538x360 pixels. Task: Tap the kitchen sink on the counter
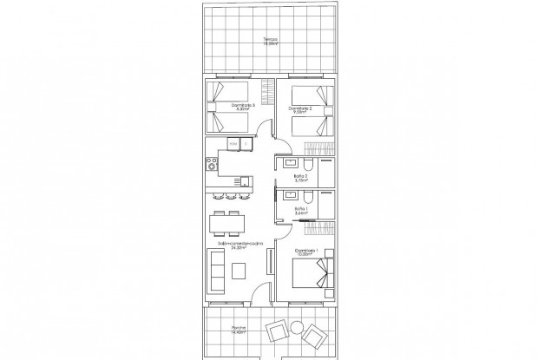246,181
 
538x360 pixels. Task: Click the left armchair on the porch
277,331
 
